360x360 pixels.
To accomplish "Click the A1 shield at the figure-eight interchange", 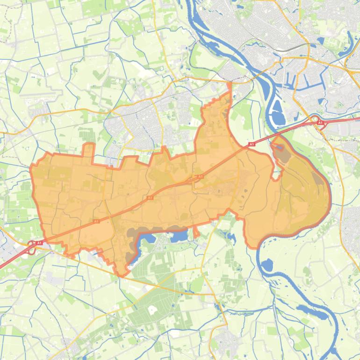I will tap(39, 243).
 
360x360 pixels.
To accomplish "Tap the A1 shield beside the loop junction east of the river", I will tap(320, 122).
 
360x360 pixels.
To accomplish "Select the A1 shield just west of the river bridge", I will tap(251, 144).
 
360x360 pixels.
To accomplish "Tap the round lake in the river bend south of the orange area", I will tap(266, 266).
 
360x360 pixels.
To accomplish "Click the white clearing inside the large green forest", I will tap(152, 310).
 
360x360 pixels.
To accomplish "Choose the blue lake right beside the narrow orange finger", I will tap(180, 236).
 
